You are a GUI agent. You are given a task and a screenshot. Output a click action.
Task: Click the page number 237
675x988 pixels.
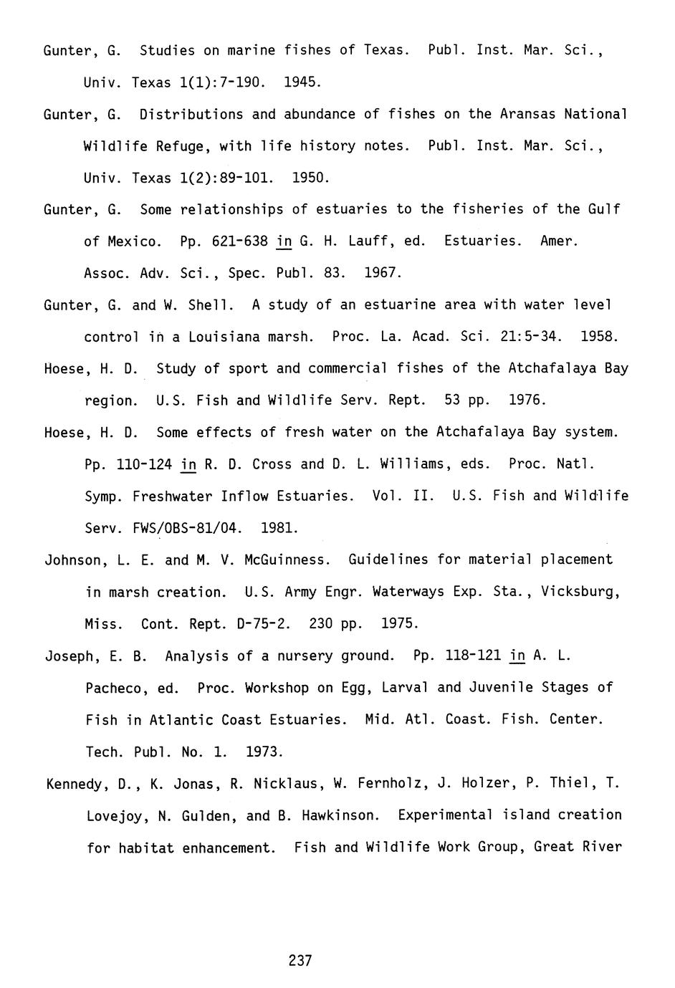coord(300,960)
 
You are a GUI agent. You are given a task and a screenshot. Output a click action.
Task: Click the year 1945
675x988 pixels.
coord(301,82)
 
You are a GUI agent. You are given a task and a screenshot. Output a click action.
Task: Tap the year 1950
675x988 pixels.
coord(310,178)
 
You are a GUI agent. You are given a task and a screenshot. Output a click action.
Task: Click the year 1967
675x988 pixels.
coord(382,273)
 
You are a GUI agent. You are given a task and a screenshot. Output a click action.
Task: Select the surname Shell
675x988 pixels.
coord(210,305)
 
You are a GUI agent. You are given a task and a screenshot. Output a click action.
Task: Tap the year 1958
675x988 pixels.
coord(598,337)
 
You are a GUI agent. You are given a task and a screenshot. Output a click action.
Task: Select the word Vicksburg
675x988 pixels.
coord(579,592)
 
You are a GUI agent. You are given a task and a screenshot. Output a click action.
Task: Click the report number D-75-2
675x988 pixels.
coord(264,624)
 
